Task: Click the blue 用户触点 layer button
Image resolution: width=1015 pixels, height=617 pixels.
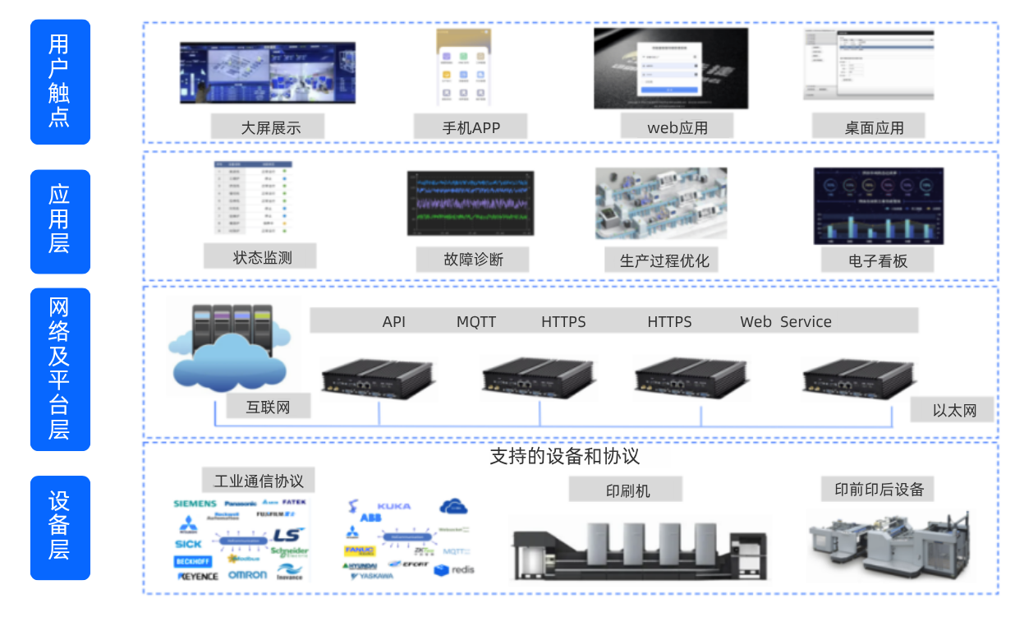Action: pos(59,81)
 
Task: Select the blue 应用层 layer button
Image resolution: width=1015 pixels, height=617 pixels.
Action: pos(59,221)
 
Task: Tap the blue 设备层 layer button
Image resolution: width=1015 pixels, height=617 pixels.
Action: pos(59,527)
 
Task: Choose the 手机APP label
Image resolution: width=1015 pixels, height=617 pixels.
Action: pos(471,127)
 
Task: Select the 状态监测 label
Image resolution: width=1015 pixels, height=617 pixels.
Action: pos(262,257)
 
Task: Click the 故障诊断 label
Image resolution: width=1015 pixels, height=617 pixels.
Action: pos(472,260)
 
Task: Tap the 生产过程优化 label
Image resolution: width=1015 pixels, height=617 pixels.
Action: pos(664,261)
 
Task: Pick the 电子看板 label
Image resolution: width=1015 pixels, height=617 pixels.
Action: pos(878,260)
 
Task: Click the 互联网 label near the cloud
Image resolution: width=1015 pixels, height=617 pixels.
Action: pos(268,407)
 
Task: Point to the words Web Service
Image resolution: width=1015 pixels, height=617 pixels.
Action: pos(785,322)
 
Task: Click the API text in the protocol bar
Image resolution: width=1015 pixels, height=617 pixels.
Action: pos(394,322)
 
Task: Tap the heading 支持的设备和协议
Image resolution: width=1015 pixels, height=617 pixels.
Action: pos(564,457)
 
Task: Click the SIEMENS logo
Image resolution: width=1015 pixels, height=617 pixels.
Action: pos(195,503)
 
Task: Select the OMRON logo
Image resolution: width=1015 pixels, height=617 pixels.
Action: pos(247,575)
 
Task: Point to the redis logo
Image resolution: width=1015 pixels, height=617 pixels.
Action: pos(455,569)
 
